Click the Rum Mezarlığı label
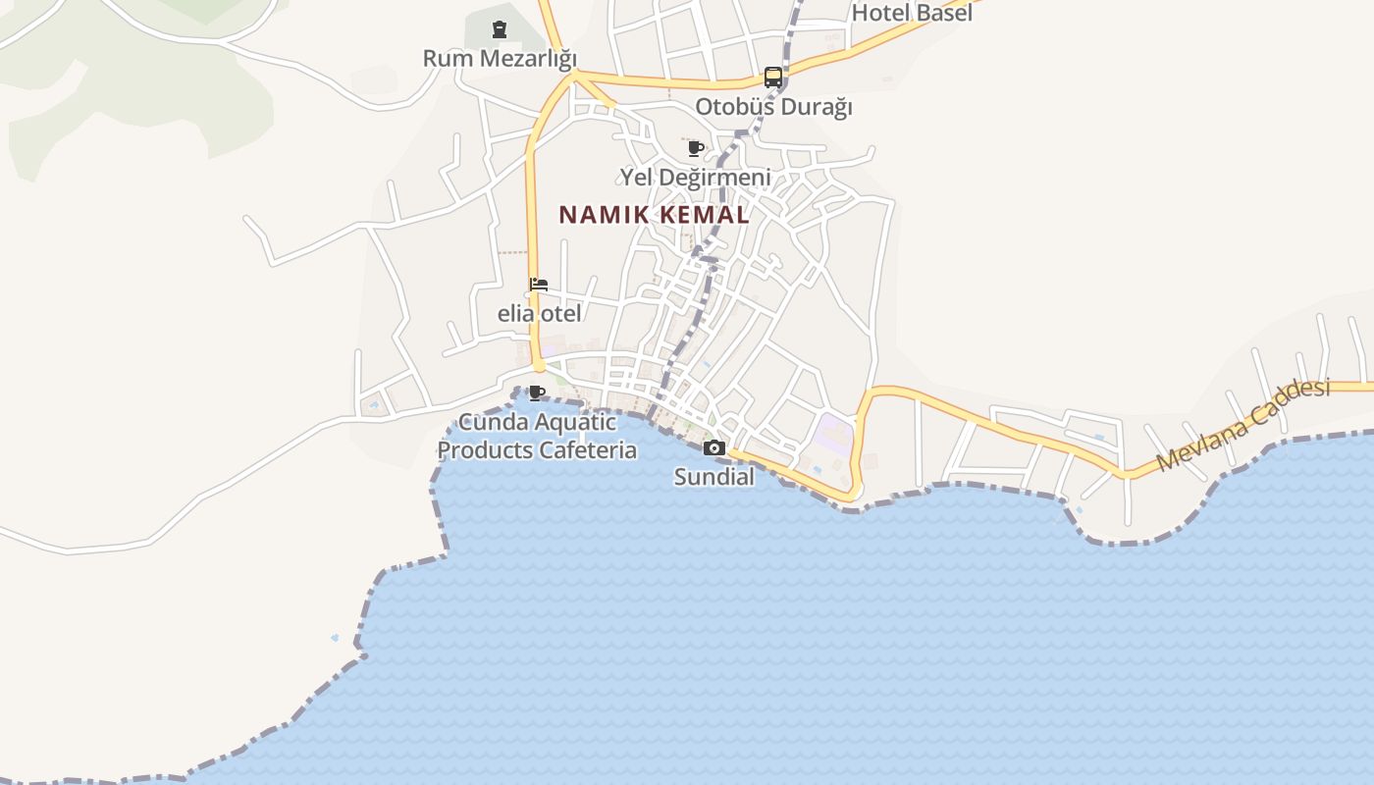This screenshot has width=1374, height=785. click(x=500, y=58)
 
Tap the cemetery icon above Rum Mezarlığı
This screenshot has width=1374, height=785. click(x=500, y=29)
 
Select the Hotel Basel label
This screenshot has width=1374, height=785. click(x=912, y=13)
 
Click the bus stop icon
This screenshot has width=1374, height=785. click(x=773, y=78)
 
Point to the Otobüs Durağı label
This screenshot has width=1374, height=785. click(x=773, y=106)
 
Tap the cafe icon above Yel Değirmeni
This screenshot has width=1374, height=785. click(x=696, y=149)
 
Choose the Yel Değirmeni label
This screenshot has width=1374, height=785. click(x=695, y=178)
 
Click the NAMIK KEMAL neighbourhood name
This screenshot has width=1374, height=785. click(x=655, y=214)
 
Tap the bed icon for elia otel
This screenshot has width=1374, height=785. click(x=539, y=286)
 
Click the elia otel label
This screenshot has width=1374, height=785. click(x=539, y=314)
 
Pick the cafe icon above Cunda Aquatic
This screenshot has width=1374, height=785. click(x=537, y=393)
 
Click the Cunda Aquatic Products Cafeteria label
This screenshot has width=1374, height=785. click(x=537, y=437)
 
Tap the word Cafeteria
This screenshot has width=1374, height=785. click(x=585, y=450)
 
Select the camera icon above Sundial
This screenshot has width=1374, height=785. click(x=714, y=448)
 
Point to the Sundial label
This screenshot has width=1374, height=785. click(x=713, y=477)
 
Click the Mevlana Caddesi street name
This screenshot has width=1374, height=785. click(x=1243, y=424)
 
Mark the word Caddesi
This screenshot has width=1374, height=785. click(x=1286, y=403)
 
